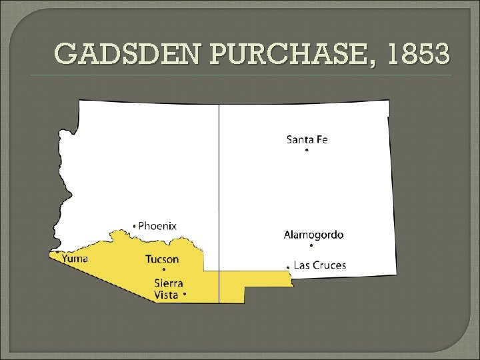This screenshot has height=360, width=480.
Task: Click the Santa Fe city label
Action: [x=307, y=139]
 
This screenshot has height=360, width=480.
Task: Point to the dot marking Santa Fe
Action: [x=307, y=151]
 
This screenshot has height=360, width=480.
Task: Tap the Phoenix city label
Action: [x=157, y=225]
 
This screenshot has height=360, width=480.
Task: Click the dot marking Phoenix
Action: [x=135, y=226]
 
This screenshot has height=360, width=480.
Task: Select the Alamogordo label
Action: [x=314, y=235]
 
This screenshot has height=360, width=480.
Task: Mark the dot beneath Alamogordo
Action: [x=311, y=245]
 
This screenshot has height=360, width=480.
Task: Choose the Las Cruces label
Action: [x=320, y=265]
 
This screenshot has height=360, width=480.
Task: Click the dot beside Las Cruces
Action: [x=288, y=266]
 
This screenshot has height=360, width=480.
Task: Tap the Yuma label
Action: [x=75, y=258]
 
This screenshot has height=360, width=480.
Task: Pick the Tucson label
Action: [x=162, y=259]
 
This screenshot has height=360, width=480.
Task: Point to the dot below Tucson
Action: [x=164, y=269]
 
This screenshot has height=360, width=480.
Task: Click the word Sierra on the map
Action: [x=169, y=283]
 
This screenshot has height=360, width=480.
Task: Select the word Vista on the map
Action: [x=166, y=294]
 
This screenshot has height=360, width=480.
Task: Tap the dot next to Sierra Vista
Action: [x=185, y=294]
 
